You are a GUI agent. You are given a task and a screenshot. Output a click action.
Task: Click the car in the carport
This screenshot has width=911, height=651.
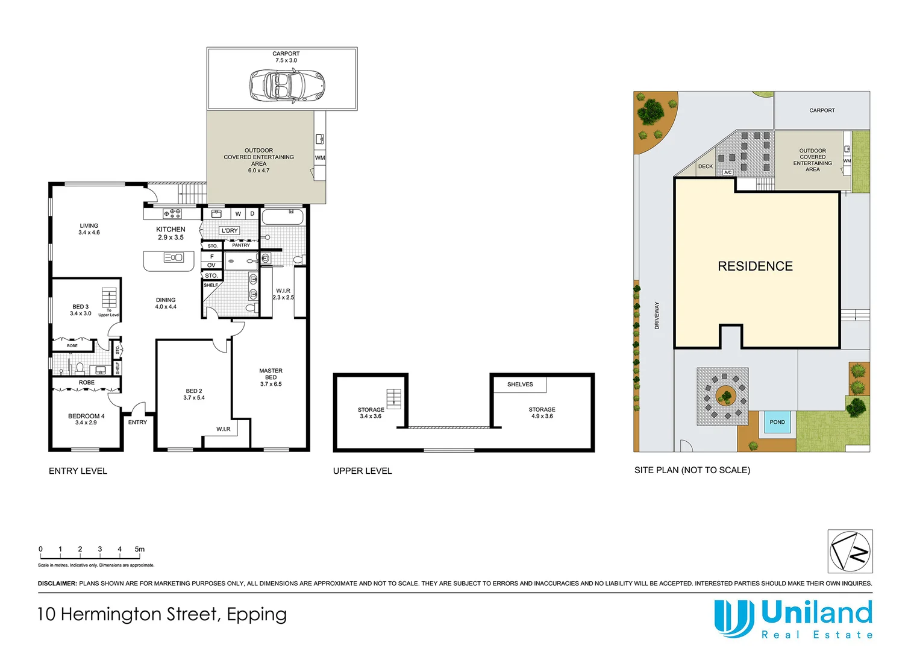287,85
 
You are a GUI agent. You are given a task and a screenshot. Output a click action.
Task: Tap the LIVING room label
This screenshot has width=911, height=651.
89,229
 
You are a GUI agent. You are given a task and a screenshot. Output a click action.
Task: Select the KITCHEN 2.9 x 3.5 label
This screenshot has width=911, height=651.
171,233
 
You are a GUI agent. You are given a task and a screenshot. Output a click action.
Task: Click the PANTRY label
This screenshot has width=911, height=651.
241,245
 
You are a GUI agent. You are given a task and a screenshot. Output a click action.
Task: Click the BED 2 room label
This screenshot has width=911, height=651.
194,394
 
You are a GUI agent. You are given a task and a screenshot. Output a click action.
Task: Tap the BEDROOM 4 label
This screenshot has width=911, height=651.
86,419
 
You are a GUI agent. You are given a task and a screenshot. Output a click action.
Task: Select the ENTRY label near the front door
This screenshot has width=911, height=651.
137,422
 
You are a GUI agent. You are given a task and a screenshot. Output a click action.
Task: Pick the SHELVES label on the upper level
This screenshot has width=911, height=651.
520,385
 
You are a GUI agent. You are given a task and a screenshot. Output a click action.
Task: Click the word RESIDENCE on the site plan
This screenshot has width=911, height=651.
755,266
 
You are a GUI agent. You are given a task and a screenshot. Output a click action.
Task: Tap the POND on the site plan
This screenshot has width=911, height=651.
777,422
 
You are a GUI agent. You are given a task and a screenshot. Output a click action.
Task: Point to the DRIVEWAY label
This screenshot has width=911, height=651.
657,315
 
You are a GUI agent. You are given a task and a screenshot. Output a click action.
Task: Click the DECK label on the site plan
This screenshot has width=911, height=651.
706,166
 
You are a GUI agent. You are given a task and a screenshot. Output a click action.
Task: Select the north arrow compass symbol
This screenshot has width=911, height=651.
850,552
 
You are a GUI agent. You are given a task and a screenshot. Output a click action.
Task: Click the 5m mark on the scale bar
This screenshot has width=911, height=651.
140,549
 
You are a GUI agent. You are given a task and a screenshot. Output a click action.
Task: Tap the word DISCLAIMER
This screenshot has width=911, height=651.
57,583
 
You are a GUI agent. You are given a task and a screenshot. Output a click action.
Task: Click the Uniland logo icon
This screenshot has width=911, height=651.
733,618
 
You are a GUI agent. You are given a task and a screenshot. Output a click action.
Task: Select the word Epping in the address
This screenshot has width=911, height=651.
257,614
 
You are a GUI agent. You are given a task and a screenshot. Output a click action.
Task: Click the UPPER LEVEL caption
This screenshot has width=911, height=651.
362,471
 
